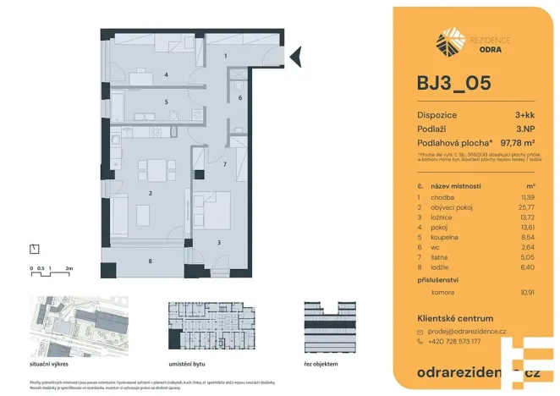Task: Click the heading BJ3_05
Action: pos(453,84)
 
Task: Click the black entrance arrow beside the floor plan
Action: pos(295,58)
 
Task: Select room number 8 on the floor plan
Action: pos(150,261)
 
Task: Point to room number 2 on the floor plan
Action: pos(150,194)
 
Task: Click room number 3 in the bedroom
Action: pos(218,243)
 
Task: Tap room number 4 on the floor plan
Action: pos(166,75)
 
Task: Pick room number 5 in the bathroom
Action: pos(166,102)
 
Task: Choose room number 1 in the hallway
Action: pos(225,55)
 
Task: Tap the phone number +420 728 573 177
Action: pos(455,342)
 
